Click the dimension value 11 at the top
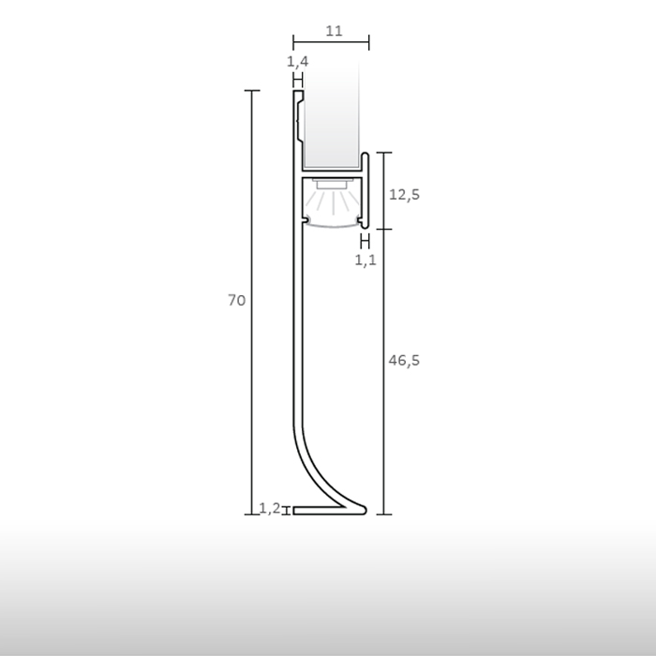pyautogui.click(x=334, y=30)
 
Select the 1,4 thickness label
pyautogui.click(x=297, y=62)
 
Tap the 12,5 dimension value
pyautogui.click(x=404, y=194)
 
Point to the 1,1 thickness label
pyautogui.click(x=365, y=261)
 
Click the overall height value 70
pyautogui.click(x=236, y=300)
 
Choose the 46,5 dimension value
pyautogui.click(x=404, y=360)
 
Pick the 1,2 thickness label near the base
pyautogui.click(x=269, y=509)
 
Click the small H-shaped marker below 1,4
pyautogui.click(x=297, y=81)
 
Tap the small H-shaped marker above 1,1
pyautogui.click(x=365, y=242)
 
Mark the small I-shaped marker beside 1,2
pyautogui.click(x=286, y=510)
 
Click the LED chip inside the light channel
pyautogui.click(x=331, y=185)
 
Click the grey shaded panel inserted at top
pyautogui.click(x=331, y=112)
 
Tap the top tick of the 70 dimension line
pyautogui.click(x=251, y=91)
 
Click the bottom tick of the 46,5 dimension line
pyautogui.click(x=383, y=514)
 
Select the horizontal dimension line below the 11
pyautogui.click(x=331, y=42)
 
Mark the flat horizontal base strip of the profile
pyautogui.click(x=323, y=511)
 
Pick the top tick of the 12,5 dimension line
pyautogui.click(x=384, y=152)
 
